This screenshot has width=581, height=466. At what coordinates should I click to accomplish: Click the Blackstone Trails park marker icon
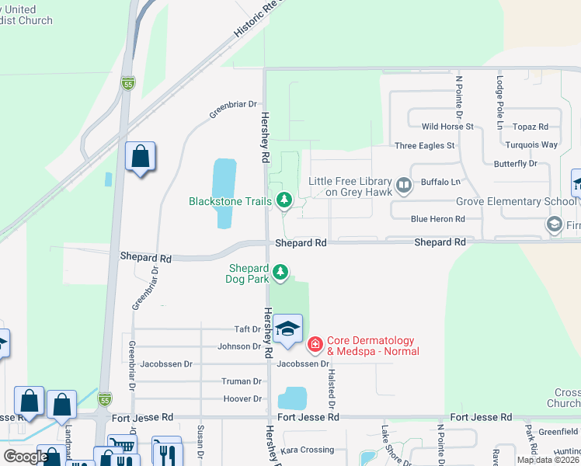[284, 201]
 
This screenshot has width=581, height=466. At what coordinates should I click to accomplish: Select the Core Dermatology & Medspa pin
[315, 343]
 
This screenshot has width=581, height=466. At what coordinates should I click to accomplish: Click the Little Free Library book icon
[403, 186]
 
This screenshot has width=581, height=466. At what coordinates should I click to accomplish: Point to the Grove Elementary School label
[516, 201]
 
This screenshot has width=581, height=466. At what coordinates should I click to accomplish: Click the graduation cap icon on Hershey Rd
[287, 329]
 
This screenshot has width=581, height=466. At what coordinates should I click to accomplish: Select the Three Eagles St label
[425, 145]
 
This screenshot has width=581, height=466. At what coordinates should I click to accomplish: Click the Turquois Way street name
[531, 144]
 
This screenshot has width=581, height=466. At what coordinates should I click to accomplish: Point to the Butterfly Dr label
[516, 164]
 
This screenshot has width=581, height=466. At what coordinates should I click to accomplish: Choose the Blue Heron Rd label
[437, 219]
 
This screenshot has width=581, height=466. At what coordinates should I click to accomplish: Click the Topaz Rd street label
[531, 127]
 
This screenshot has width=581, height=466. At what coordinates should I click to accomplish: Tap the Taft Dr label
[247, 329]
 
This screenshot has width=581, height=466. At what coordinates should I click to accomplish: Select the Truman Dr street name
[241, 381]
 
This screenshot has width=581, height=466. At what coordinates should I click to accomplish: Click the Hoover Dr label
[242, 399]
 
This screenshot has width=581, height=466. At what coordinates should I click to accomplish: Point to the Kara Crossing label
[308, 450]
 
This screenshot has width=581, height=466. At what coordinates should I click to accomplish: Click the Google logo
[26, 457]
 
